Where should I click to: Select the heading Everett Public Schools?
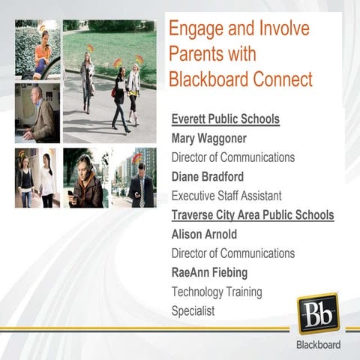[x=225, y=118]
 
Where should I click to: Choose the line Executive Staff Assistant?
[x=226, y=196]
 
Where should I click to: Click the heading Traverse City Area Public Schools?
[x=253, y=215]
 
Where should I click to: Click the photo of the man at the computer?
[x=37, y=112]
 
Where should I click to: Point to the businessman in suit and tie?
[x=139, y=180]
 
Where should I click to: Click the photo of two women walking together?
[x=37, y=178]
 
